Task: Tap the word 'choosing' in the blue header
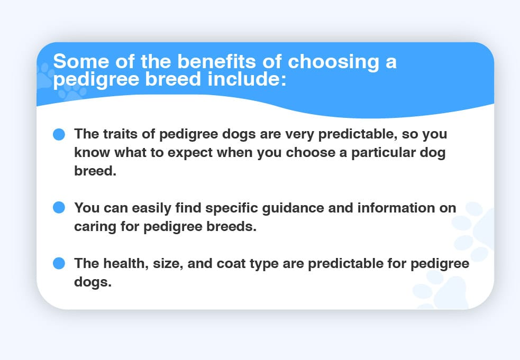333,63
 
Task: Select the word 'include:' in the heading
247,79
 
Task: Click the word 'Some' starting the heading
81,61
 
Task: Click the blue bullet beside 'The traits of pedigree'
59,134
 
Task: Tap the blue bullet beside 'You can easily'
59,208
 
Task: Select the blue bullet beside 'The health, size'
59,263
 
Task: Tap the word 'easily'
151,208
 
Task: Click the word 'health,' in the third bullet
126,264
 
